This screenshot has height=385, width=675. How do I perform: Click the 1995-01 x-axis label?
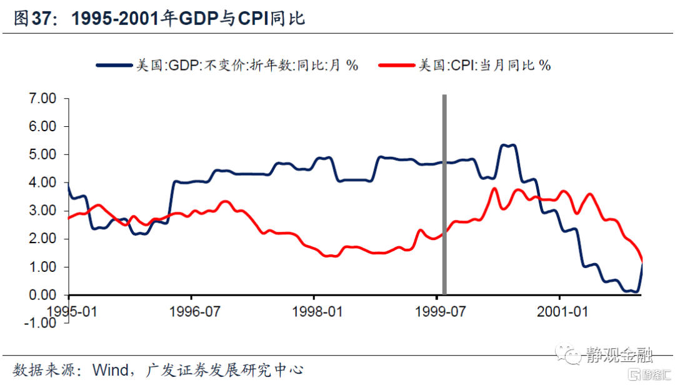(x=74, y=310)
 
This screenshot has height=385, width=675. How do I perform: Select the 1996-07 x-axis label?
(x=195, y=310)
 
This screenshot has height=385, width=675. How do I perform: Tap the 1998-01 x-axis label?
(x=318, y=310)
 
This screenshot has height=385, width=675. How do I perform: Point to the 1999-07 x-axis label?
(x=441, y=310)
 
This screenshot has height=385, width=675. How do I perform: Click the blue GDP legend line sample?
(x=115, y=65)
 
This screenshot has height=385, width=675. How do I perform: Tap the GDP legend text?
(x=247, y=65)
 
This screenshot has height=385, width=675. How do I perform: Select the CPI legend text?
(x=484, y=65)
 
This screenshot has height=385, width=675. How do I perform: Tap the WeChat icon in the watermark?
(x=572, y=354)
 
